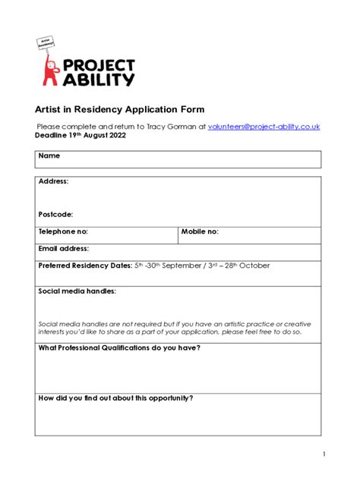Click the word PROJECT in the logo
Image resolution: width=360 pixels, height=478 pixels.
pos(99,64)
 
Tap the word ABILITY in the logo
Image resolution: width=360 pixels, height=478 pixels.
pos(99,79)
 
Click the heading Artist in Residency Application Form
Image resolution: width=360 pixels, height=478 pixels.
pos(119,109)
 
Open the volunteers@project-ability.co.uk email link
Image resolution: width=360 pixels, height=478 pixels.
pos(264,127)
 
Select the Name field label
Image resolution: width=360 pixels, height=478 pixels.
pos(49,156)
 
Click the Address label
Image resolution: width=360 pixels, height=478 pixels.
pos(53,182)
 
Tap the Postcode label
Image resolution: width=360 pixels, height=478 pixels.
pos(55,215)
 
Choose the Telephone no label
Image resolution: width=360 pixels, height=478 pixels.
pos(63,231)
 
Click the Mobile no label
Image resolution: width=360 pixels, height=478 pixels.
pos(200,231)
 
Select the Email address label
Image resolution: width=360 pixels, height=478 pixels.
pos(64,248)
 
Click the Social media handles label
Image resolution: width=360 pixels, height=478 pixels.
pos(77,291)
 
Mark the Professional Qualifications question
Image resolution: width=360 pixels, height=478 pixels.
pos(119,347)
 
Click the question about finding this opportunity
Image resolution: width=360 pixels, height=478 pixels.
pos(115,398)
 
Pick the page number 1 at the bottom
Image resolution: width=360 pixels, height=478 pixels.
pos(323,454)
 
